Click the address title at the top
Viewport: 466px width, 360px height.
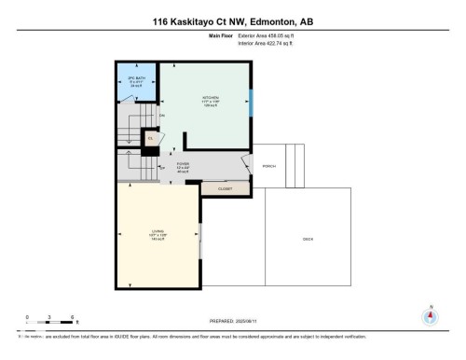point(232,21)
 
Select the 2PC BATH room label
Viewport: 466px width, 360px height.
point(135,81)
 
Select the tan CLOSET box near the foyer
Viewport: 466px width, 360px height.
point(225,188)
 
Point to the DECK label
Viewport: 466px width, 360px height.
point(307,240)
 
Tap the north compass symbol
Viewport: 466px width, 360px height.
point(430,316)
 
